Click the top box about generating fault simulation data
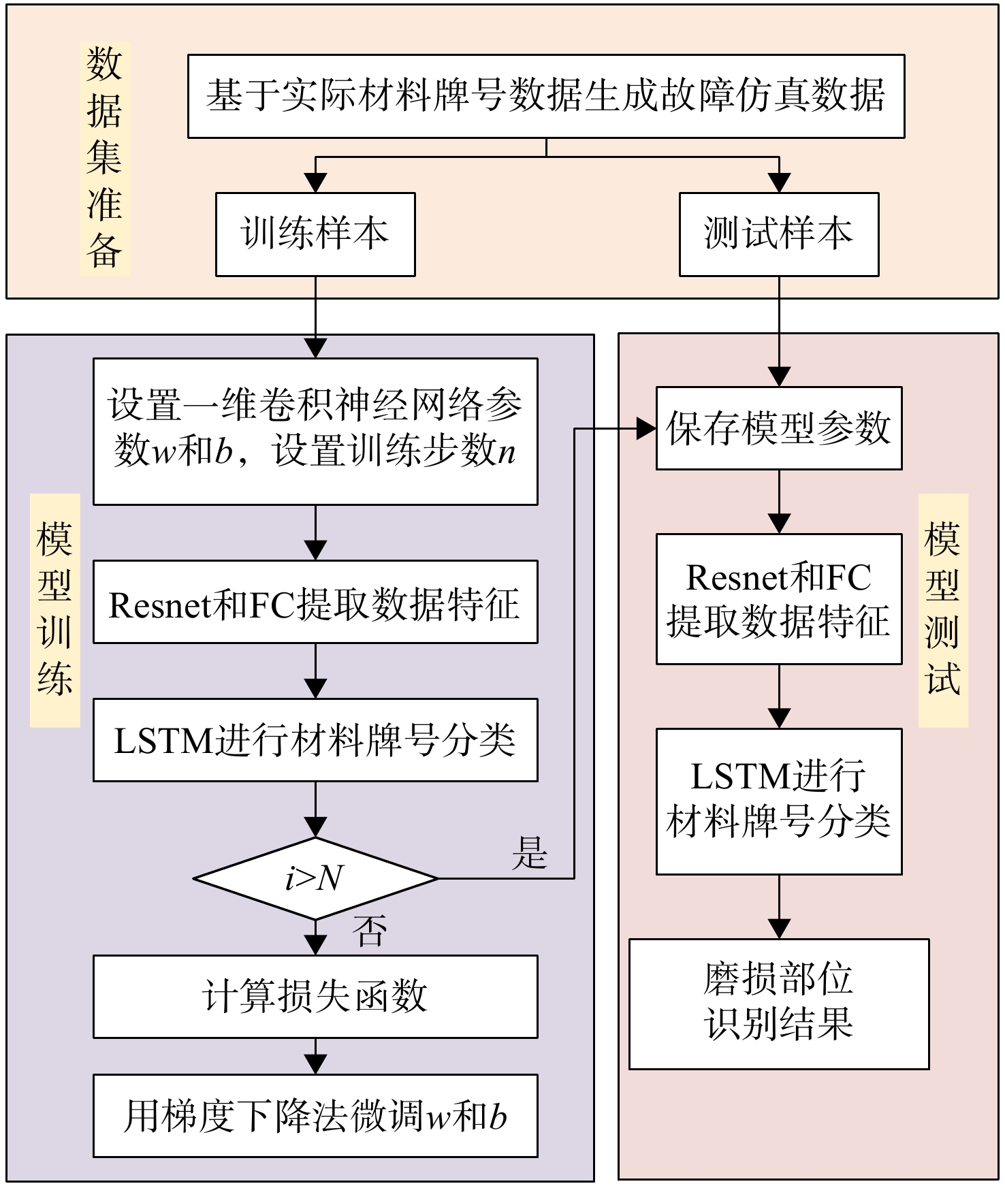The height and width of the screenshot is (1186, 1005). [546, 97]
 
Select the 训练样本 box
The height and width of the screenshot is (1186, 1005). [315, 234]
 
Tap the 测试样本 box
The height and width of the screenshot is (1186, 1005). [779, 234]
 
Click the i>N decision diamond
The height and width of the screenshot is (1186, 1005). [315, 878]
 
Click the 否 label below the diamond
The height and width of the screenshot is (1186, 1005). [370, 931]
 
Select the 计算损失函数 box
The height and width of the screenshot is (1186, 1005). [315, 997]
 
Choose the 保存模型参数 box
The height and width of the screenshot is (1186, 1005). [779, 428]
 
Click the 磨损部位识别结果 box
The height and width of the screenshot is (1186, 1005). [779, 1004]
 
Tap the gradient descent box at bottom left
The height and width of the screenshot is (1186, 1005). [315, 1116]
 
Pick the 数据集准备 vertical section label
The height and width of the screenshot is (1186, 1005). [105, 159]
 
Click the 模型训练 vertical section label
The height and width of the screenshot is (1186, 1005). [55, 610]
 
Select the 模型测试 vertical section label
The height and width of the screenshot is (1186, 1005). [943, 610]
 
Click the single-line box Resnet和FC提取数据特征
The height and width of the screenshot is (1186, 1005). [315, 602]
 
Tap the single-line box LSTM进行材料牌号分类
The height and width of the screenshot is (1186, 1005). [315, 740]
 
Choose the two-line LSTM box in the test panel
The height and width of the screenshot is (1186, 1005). [779, 801]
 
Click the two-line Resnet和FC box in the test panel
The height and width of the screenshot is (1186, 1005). [779, 599]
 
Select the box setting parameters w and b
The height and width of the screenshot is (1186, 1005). [315, 432]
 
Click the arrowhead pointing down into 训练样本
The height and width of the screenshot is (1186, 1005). [316, 183]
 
